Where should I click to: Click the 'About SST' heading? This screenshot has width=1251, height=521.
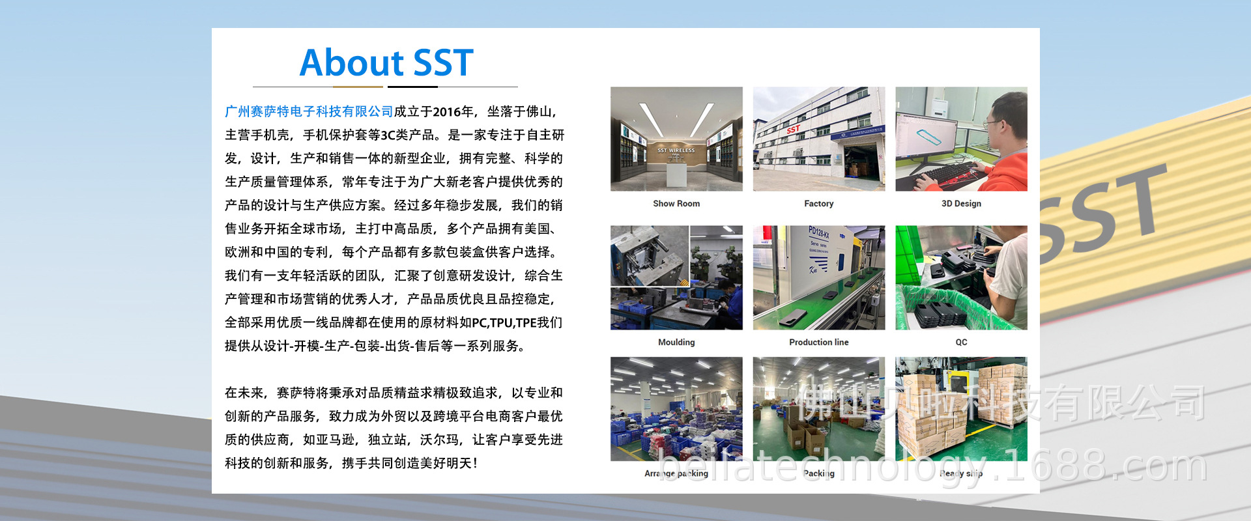[386, 63]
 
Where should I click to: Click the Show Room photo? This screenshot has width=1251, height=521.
[676, 139]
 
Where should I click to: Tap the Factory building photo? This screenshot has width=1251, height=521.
[819, 139]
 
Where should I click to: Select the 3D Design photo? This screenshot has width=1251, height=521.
[961, 139]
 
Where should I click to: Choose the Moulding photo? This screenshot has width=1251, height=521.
[676, 277]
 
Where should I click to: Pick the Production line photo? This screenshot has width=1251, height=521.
[819, 277]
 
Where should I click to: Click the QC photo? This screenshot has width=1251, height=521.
[961, 277]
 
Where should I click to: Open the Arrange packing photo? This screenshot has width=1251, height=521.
[676, 409]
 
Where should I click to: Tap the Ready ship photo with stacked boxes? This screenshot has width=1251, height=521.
[961, 409]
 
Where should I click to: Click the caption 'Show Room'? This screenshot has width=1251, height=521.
[676, 204]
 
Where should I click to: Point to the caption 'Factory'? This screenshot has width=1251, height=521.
[819, 204]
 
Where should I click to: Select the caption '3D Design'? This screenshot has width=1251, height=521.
[961, 204]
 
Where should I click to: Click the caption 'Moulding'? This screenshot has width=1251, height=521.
[676, 343]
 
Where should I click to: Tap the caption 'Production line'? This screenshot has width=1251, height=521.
[819, 343]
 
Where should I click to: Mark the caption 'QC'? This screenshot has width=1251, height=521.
[961, 343]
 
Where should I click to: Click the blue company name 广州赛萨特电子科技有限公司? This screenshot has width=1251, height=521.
[309, 111]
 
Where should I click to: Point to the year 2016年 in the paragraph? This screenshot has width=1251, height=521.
[453, 111]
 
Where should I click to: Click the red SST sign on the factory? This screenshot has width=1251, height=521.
[793, 129]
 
